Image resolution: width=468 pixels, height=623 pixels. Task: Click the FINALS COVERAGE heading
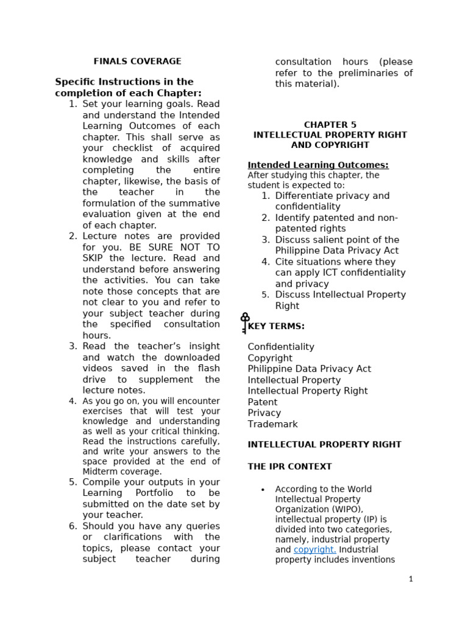(x=137, y=61)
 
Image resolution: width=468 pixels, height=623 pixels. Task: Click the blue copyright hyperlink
(x=314, y=550)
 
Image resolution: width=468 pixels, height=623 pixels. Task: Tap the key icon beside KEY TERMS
(x=245, y=323)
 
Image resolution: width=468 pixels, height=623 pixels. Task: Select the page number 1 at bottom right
(x=411, y=579)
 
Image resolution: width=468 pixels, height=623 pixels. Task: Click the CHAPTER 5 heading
(x=330, y=125)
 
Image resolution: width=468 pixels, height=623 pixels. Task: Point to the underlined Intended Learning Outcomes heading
(x=317, y=165)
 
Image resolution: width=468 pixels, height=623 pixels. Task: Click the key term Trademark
(x=272, y=424)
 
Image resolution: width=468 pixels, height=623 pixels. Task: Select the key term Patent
(x=262, y=402)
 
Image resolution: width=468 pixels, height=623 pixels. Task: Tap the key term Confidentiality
(x=281, y=347)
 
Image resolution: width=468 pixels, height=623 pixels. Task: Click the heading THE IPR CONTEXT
(x=289, y=467)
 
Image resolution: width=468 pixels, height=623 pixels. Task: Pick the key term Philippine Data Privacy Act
(x=309, y=369)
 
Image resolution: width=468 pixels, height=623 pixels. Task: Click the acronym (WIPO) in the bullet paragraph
(x=346, y=509)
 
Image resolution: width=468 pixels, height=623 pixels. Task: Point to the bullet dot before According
(x=262, y=490)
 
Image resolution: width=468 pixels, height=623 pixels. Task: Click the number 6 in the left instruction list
(x=73, y=526)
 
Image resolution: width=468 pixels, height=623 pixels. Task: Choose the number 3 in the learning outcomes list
(x=266, y=240)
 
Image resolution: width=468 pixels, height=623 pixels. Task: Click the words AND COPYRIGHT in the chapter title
(x=330, y=145)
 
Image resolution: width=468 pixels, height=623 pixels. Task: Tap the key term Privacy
(x=264, y=413)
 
